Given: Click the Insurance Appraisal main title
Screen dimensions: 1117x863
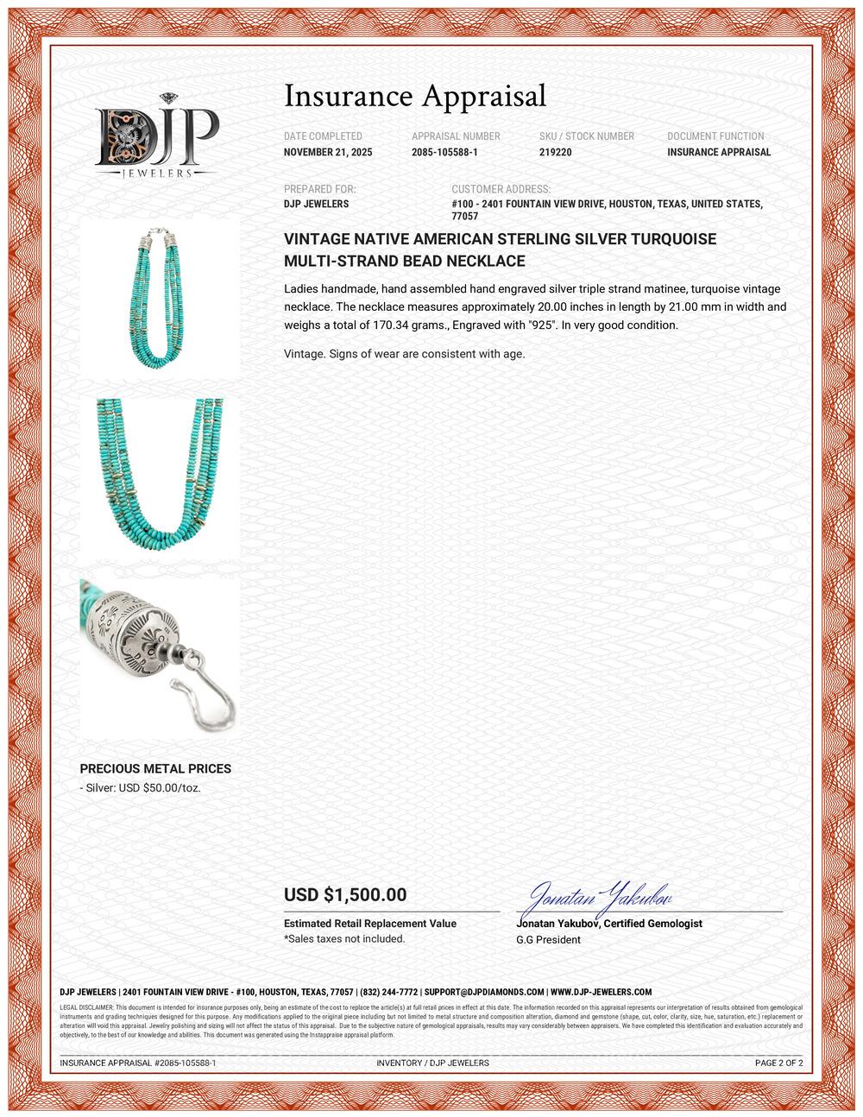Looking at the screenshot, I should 415,95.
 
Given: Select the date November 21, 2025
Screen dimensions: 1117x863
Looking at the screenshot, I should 324,153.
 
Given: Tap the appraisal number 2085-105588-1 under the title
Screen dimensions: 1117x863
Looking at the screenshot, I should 444,153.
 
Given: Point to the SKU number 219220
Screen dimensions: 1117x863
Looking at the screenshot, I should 555,153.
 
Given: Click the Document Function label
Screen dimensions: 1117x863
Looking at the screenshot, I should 715,136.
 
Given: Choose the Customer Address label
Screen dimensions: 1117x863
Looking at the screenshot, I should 501,189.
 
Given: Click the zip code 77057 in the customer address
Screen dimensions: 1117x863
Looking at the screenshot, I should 465,217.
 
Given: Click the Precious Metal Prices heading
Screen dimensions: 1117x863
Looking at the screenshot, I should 155,768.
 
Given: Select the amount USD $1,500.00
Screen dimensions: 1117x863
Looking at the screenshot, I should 345,895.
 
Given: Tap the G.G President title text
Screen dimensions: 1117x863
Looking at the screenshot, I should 548,939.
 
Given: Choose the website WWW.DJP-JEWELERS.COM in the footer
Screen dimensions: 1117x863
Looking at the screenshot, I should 601,993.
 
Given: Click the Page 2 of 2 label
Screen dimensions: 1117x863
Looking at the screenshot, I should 778,1063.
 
